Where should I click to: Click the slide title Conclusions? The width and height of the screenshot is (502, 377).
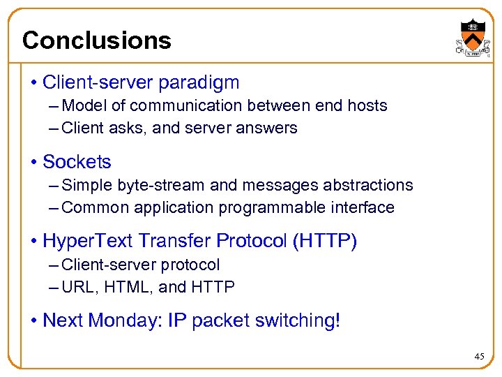coord(96,40)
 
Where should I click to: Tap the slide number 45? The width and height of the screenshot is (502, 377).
coord(479,356)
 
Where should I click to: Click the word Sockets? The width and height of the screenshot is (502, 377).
coord(77,162)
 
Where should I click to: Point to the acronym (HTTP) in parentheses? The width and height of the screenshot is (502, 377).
coord(325,242)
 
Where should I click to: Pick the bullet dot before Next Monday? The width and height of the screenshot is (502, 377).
coord(34,321)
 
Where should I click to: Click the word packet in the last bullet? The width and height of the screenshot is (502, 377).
coord(220,320)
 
